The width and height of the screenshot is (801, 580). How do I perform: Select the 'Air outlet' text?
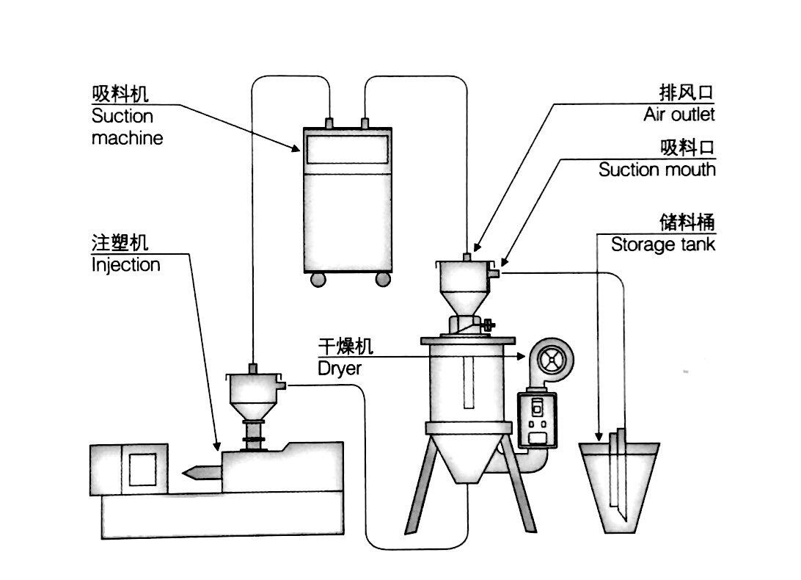point(679,115)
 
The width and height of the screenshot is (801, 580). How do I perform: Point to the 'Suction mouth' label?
point(656,170)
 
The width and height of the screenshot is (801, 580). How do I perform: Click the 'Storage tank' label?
point(663,244)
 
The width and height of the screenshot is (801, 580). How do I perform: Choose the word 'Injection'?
point(125,264)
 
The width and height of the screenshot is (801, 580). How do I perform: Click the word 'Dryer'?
point(340,368)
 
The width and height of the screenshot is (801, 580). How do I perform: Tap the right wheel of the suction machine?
point(384,279)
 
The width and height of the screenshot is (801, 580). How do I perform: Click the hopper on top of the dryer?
point(467,282)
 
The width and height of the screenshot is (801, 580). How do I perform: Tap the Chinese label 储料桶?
point(687,222)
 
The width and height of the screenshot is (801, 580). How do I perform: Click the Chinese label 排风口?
point(687,93)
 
